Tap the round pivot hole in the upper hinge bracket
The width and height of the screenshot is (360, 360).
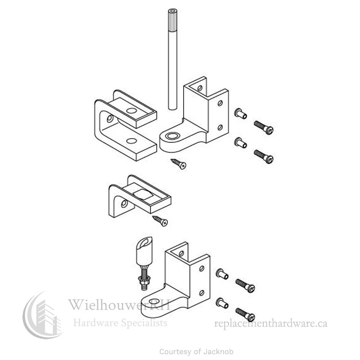[x=171, y=135]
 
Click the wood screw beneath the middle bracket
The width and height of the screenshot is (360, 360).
[x=160, y=220]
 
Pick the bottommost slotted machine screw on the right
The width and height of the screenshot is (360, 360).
[x=245, y=314]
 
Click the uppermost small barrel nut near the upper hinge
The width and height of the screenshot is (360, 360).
[x=240, y=113]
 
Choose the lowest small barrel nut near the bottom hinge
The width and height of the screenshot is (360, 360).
[x=222, y=302]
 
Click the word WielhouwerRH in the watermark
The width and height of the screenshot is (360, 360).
[x=119, y=306]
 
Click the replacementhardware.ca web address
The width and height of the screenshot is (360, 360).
[x=271, y=323]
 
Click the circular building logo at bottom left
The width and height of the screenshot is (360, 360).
[x=43, y=317]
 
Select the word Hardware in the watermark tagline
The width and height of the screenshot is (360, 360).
[x=94, y=323]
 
